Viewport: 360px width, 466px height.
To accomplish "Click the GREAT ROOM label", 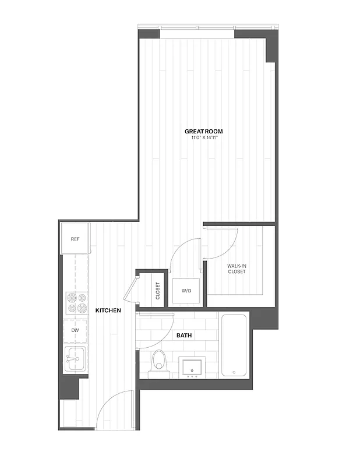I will coord(203,132).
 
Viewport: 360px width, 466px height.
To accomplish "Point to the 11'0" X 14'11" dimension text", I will coord(203,138).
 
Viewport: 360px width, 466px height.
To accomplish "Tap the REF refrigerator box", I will coord(75,239).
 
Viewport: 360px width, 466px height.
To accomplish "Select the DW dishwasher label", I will coord(75,330).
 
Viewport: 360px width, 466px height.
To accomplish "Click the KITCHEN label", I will coord(108,310).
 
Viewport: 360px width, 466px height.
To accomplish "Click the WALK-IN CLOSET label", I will coord(237,269).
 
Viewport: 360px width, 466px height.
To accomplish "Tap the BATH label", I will coord(185,336).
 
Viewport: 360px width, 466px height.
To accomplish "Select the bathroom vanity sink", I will coord(191,367).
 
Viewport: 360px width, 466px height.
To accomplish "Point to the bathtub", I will coord(235,345).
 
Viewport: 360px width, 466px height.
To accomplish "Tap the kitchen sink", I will coord(75,358).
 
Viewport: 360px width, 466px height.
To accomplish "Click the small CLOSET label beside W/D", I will coord(158,291).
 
